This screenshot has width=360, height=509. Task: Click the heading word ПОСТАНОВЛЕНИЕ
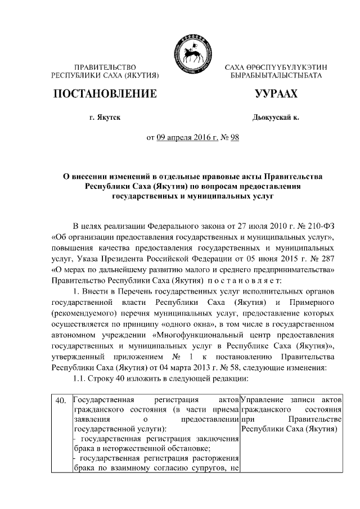pos(104,93)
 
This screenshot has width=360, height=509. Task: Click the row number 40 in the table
pos(64,400)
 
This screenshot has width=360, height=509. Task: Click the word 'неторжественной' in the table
pos(123,448)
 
